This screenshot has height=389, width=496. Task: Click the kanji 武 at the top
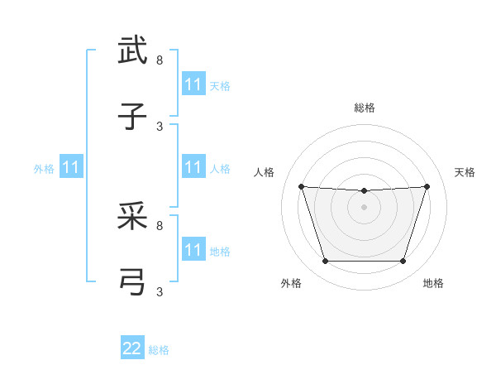(x=133, y=51)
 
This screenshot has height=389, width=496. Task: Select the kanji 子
(x=133, y=117)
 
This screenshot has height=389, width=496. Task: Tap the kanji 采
(x=133, y=217)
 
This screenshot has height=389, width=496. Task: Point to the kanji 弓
(x=133, y=282)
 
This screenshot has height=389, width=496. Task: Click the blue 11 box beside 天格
(x=193, y=84)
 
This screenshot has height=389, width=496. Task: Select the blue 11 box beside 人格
(x=193, y=168)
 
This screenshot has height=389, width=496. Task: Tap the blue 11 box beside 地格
(x=193, y=250)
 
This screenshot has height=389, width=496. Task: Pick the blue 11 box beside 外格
(x=71, y=168)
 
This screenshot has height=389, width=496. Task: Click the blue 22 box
(x=132, y=348)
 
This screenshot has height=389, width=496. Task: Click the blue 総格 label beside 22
(x=160, y=350)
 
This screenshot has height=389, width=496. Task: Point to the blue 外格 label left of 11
(x=44, y=169)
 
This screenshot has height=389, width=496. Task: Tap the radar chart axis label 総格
(x=365, y=108)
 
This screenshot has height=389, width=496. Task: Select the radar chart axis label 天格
(x=465, y=172)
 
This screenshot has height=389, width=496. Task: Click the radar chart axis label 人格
(x=265, y=172)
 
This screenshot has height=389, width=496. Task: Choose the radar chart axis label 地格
(x=433, y=283)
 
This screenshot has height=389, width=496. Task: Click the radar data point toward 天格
(x=427, y=186)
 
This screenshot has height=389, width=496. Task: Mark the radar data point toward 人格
(x=301, y=186)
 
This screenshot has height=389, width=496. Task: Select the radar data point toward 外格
(x=325, y=262)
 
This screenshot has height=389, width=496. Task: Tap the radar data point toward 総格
(x=364, y=191)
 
